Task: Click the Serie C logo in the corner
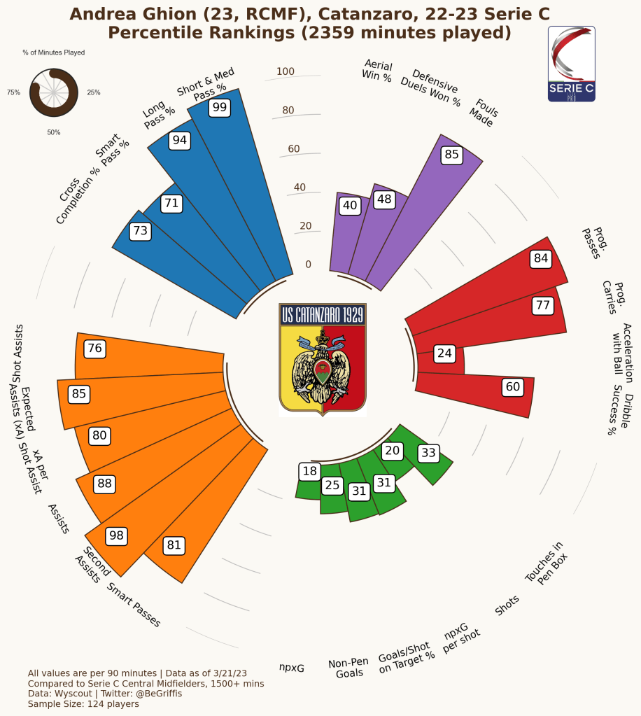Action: pyautogui.click(x=571, y=64)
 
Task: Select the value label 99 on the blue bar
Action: pyautogui.click(x=220, y=107)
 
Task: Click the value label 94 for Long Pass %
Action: pyautogui.click(x=180, y=141)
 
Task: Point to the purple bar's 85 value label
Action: pyautogui.click(x=451, y=155)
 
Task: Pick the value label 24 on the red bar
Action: pyautogui.click(x=444, y=353)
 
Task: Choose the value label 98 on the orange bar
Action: pyautogui.click(x=116, y=536)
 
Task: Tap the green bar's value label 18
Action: pyautogui.click(x=309, y=471)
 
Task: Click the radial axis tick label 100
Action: pyautogui.click(x=286, y=71)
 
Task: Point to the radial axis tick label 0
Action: pyautogui.click(x=308, y=265)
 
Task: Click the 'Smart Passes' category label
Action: pyautogui.click(x=134, y=604)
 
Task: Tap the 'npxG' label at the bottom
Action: pyautogui.click(x=292, y=668)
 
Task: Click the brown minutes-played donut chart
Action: pyautogui.click(x=53, y=92)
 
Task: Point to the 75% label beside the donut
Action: pyautogui.click(x=13, y=92)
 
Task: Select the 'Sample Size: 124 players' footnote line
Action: pyautogui.click(x=83, y=703)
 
